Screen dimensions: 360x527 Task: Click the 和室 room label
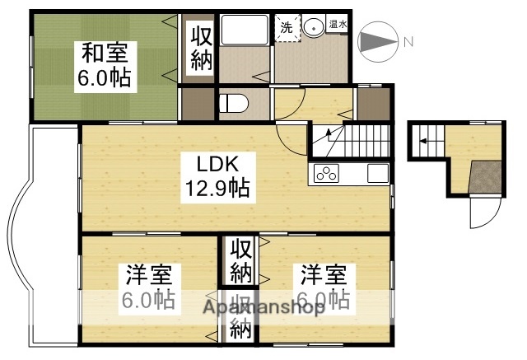point(105,53)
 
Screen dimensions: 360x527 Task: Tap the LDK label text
point(217,163)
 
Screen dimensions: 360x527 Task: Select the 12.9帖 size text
point(217,189)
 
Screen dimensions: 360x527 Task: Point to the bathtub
point(245,33)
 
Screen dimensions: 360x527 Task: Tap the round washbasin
point(315,27)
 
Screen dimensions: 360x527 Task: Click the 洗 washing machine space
point(286,26)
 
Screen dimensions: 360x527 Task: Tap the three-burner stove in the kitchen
point(326,174)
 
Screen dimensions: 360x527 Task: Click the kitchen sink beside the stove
point(376,174)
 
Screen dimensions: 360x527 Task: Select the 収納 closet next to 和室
point(199,48)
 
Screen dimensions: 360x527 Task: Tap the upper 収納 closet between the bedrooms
point(240,259)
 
